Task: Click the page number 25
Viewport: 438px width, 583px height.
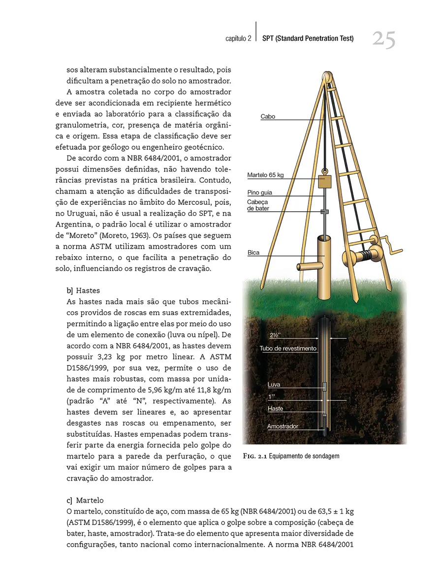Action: click(383, 40)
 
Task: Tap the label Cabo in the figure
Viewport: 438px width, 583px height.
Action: click(268, 117)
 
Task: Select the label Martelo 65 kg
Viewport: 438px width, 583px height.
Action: click(265, 175)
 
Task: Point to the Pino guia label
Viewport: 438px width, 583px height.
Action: click(259, 193)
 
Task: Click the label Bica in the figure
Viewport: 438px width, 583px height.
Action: click(253, 253)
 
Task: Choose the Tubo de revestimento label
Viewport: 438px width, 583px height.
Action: click(288, 349)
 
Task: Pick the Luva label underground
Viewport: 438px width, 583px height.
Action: click(274, 385)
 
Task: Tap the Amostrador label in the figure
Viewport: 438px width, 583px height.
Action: click(282, 426)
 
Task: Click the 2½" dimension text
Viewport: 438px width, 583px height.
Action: click(276, 335)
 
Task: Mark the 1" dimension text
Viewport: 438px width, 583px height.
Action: click(271, 396)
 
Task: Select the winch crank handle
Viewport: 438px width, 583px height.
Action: click(392, 244)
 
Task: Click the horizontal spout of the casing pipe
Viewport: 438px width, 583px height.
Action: click(308, 267)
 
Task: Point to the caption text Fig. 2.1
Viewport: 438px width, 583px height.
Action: click(255, 456)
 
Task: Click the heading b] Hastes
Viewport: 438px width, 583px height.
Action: click(83, 291)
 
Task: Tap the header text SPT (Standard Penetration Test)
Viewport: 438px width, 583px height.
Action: click(308, 38)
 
